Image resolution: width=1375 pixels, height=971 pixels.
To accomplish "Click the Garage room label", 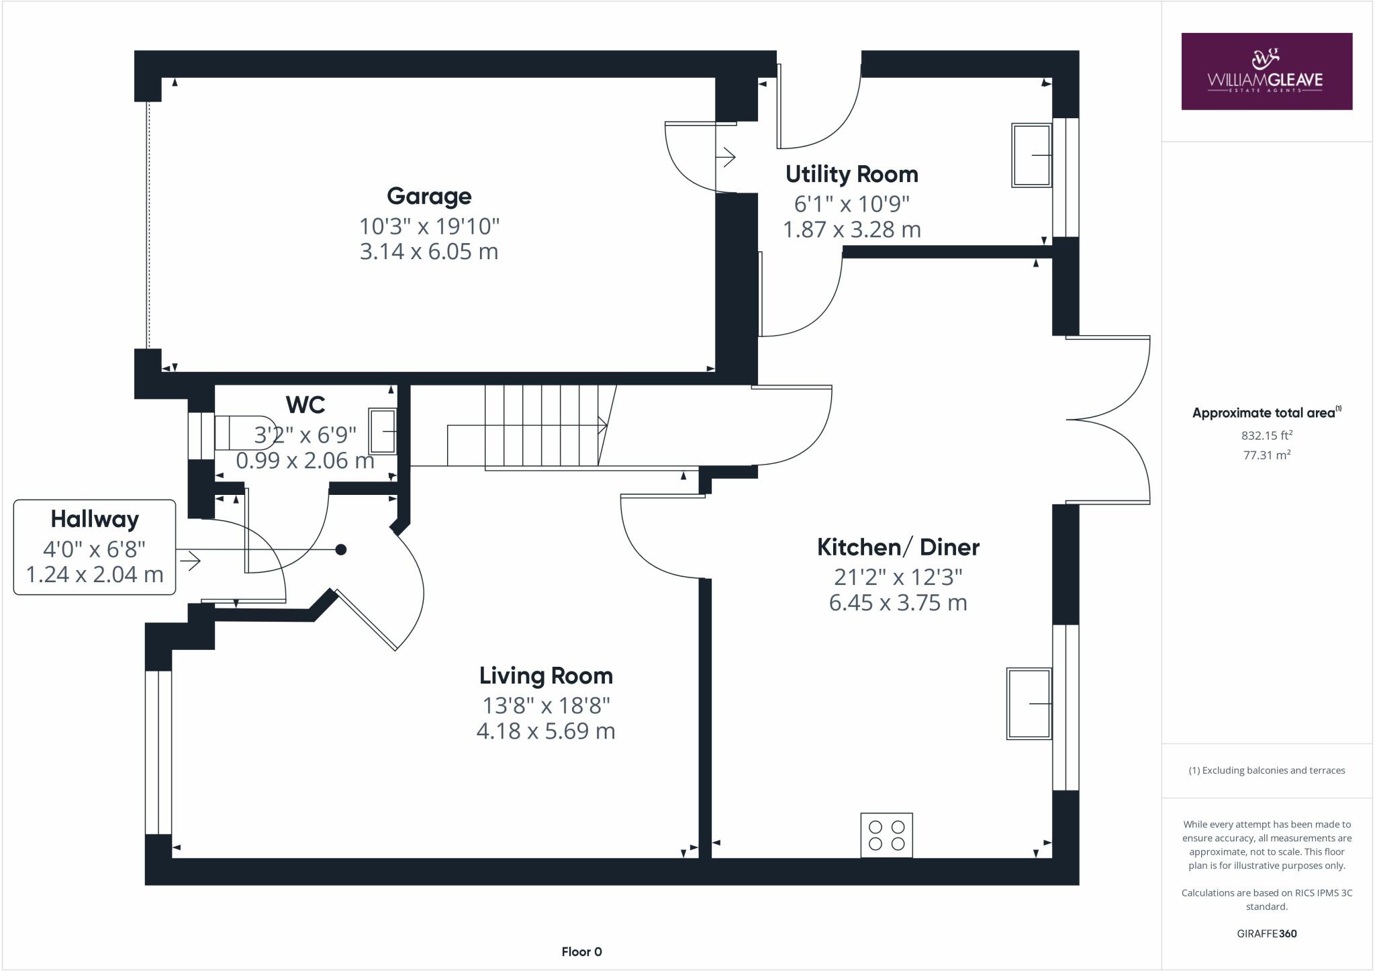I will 429,196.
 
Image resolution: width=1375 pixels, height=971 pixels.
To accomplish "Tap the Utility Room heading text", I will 851,175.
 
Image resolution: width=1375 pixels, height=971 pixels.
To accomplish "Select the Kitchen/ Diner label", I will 898,547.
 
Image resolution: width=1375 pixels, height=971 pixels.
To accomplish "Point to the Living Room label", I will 546,676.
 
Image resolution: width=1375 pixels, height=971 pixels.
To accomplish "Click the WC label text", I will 305,405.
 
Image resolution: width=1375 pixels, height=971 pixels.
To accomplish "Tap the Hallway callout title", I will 95,519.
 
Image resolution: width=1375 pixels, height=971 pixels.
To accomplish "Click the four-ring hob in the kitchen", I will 886,835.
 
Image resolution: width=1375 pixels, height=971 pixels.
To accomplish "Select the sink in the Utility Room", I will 1031,155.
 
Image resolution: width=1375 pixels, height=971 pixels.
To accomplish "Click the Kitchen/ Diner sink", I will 1028,703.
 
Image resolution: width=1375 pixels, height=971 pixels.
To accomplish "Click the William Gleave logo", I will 1266,71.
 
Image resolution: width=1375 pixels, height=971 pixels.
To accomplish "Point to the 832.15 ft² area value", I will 1266,435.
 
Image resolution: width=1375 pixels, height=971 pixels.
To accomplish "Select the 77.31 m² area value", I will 1266,455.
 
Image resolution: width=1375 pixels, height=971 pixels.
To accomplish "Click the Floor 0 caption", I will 581,952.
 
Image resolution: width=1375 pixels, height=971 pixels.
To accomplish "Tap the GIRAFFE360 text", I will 1266,933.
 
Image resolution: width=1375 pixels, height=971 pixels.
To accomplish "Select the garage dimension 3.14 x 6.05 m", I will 429,252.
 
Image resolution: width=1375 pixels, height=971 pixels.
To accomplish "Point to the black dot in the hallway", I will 340,550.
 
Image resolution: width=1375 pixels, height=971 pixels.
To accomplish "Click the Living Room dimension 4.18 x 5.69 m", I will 546,731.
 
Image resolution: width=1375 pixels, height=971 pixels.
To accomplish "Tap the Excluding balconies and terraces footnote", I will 1266,770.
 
